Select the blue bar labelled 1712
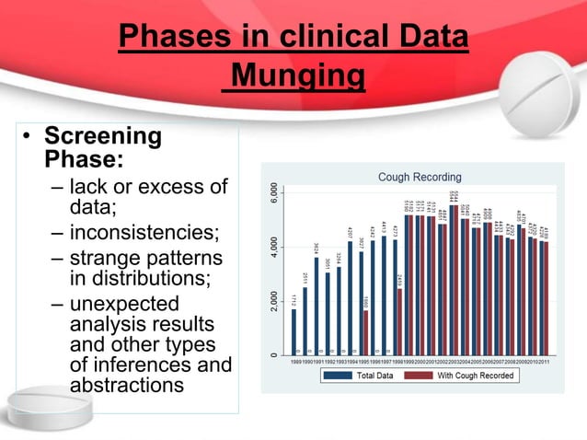[294, 331]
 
